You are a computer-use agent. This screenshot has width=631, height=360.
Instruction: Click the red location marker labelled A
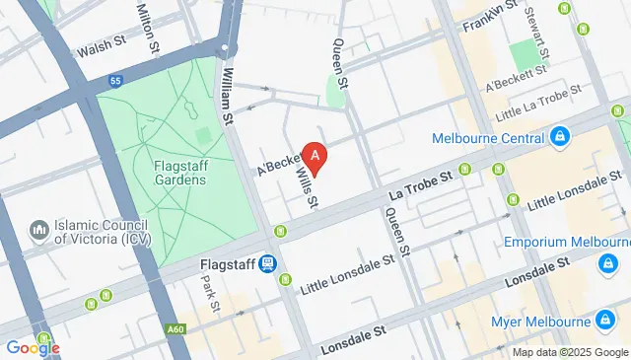315,156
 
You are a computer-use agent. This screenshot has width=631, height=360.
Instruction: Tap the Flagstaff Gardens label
180,173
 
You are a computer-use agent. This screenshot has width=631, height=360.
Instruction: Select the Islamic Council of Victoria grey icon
40,230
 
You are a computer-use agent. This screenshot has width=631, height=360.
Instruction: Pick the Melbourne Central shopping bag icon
559,135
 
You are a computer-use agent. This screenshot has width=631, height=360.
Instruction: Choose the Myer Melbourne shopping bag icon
603,320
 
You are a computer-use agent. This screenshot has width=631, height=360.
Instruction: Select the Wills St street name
307,186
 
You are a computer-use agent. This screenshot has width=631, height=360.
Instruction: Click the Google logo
33,347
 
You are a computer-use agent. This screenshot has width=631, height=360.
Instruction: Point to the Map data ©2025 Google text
568,352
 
